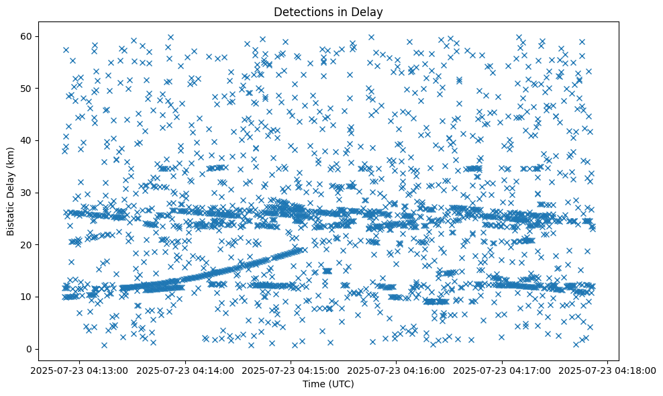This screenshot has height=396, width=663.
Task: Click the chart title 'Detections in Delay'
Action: [329, 11]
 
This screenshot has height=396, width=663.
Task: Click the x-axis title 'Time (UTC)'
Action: [329, 384]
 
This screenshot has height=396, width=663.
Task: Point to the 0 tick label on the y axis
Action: [30, 349]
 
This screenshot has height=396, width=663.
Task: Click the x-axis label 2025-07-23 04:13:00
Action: [80, 370]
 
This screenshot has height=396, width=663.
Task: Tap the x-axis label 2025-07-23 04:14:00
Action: [185, 370]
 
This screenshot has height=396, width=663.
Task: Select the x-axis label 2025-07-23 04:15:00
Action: [291, 370]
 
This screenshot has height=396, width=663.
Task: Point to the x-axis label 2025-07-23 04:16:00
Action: [397, 370]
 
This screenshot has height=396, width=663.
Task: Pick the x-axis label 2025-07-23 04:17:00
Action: [503, 370]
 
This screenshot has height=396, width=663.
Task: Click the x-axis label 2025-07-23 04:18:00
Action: [608, 370]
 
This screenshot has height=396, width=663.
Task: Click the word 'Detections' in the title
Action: [302, 11]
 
